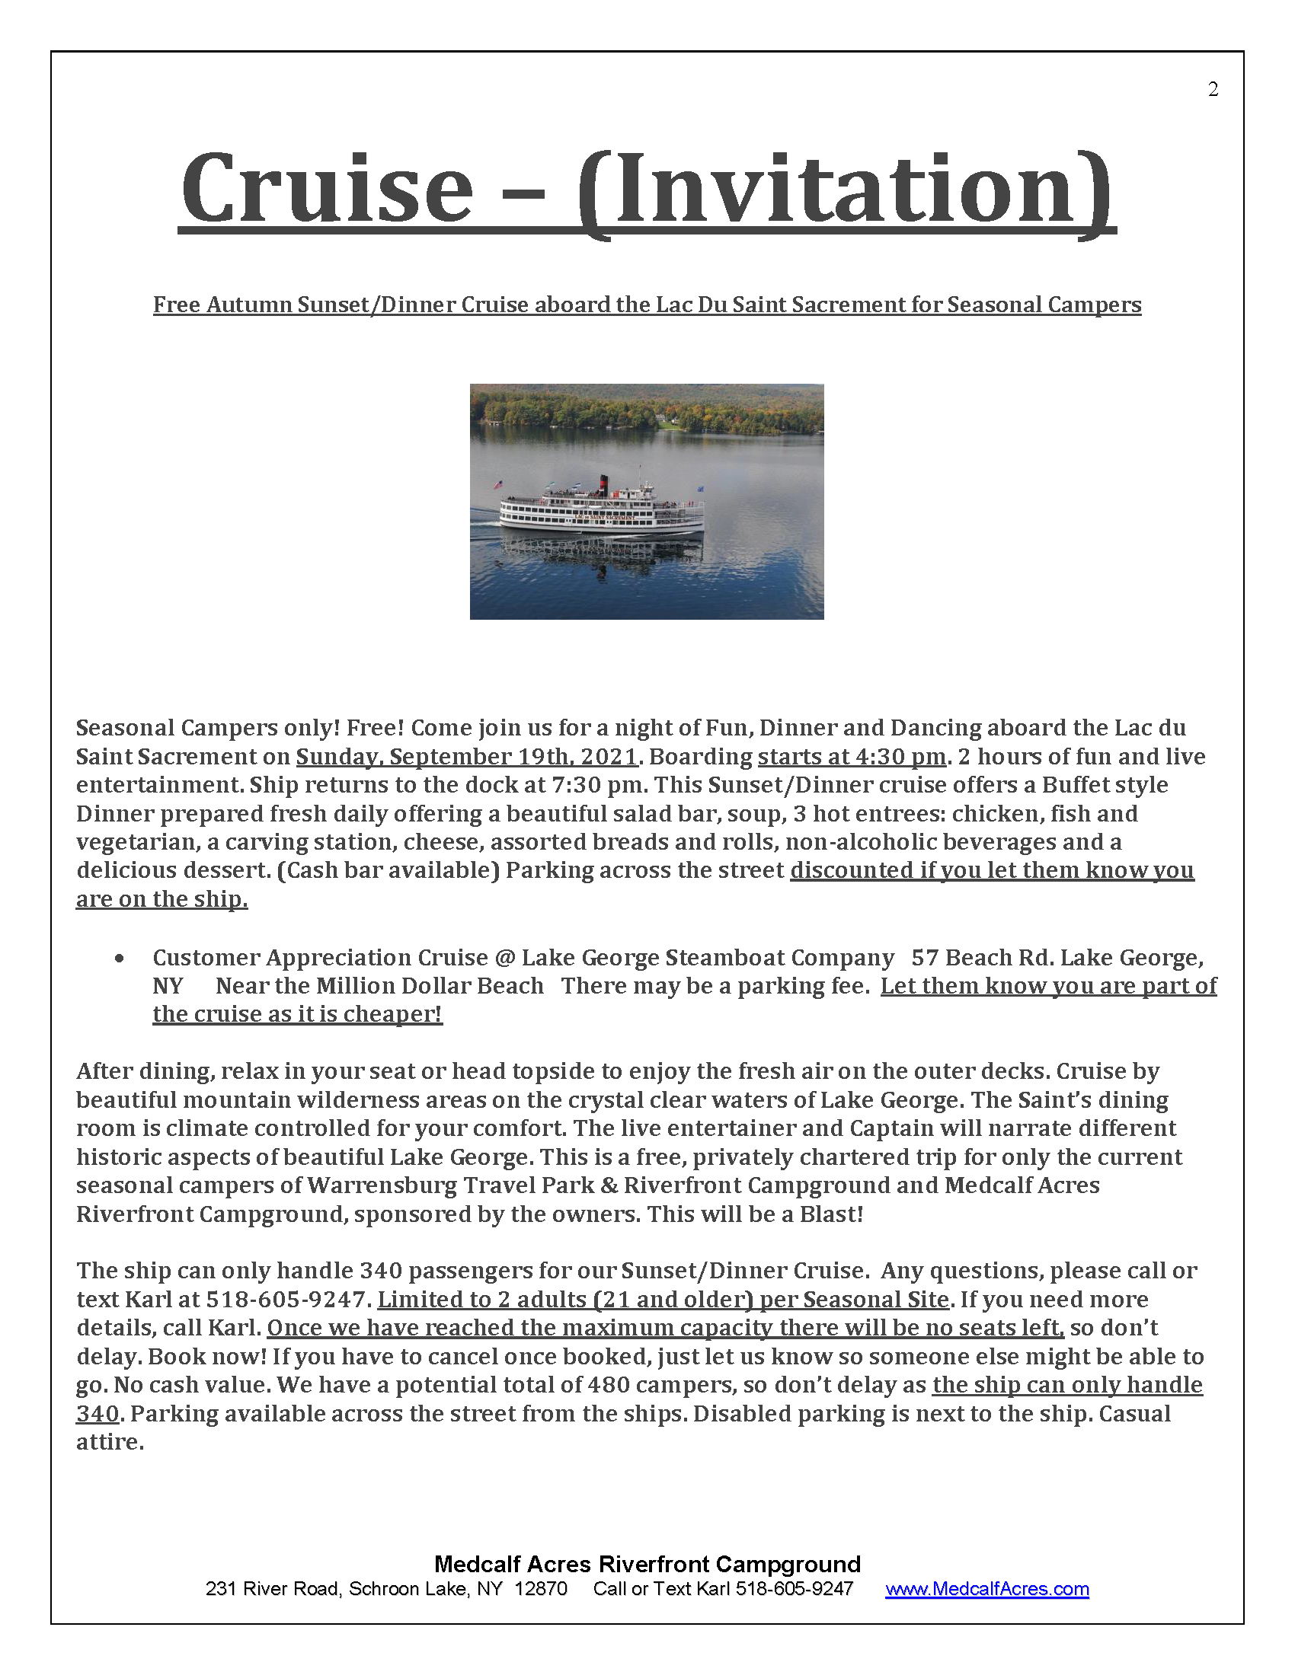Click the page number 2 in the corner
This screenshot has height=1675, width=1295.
pos(1213,90)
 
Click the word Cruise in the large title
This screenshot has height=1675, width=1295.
pos(328,188)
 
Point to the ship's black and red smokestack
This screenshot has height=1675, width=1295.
pos(603,484)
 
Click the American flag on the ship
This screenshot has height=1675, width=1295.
pos(498,485)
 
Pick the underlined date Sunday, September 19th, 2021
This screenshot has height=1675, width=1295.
pos(467,756)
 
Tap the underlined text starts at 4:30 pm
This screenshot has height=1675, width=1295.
pos(852,756)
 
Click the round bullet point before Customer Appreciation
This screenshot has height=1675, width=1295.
pos(119,958)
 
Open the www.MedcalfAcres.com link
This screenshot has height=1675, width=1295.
pos(986,1588)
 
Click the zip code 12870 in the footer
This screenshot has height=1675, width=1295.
pos(541,1588)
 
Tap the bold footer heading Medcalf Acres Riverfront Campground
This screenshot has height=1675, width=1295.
pos(647,1564)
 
